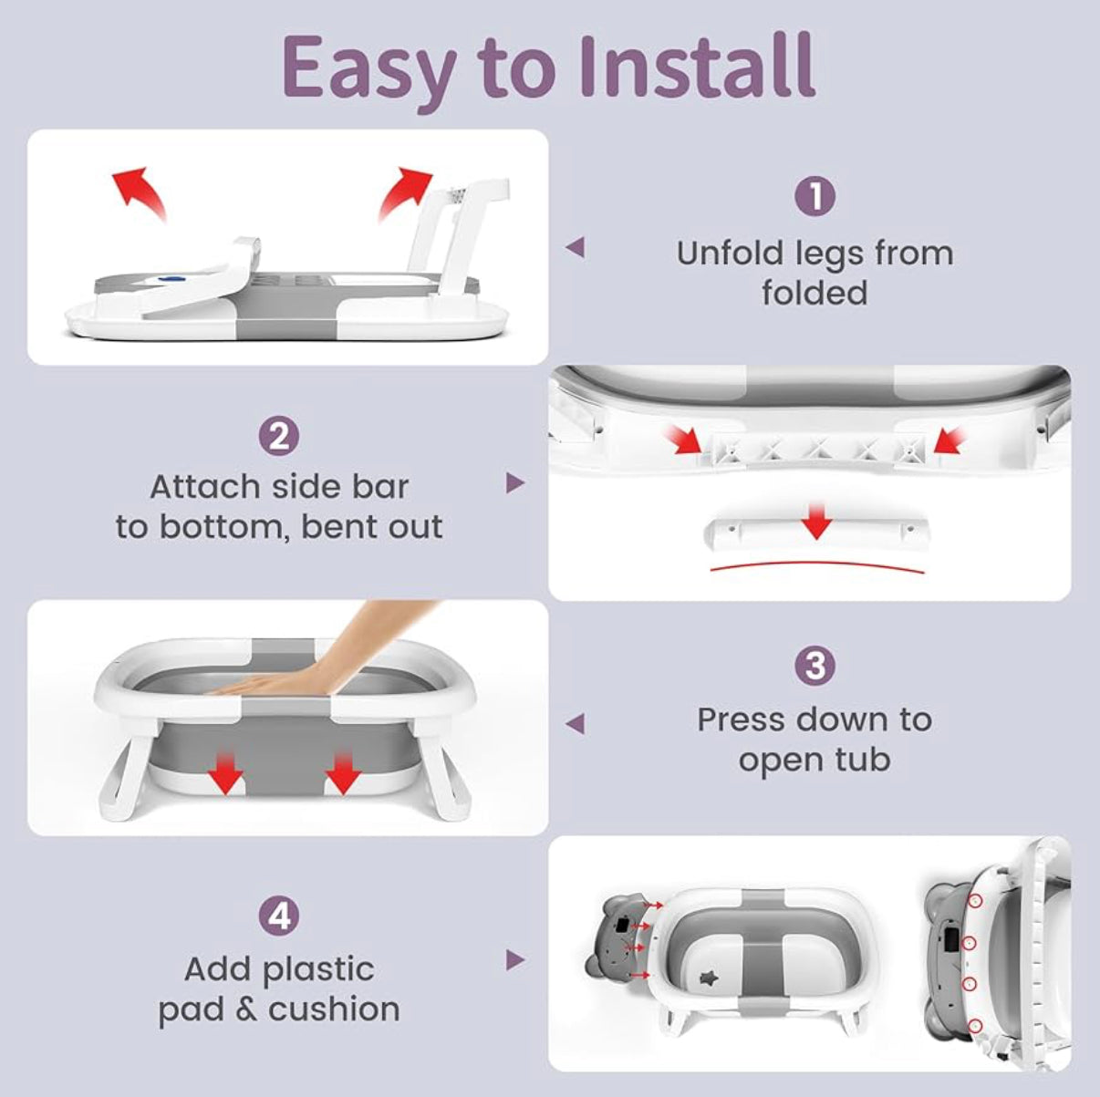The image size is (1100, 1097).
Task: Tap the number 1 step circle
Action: tap(815, 196)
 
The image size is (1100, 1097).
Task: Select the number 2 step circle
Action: tap(279, 437)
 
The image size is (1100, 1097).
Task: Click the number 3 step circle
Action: tap(815, 665)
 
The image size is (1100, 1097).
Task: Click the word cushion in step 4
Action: tap(334, 1009)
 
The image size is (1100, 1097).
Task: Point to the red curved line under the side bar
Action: tap(817, 566)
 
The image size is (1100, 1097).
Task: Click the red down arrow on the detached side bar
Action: tap(816, 521)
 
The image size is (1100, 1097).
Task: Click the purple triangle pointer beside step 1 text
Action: tap(575, 247)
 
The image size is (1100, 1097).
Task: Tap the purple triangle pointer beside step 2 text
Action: tap(515, 483)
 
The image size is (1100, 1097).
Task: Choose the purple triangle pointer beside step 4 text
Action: tap(515, 959)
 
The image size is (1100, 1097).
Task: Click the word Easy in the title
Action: tap(368, 71)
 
